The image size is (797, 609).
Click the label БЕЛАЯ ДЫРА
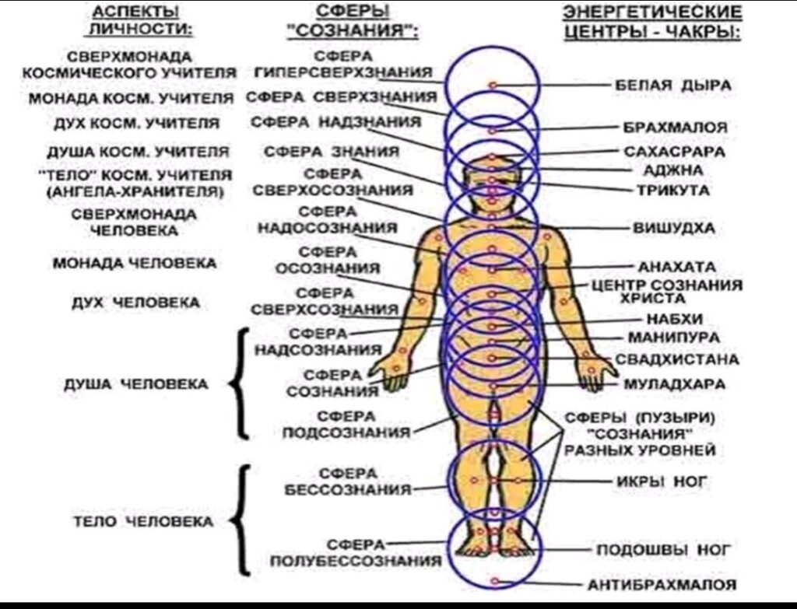point(673,85)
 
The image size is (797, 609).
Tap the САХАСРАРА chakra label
point(674,152)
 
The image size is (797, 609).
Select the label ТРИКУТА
point(673,191)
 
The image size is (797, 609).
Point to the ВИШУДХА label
point(673,228)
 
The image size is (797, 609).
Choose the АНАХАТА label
point(676,267)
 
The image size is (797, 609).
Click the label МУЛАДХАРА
point(674,384)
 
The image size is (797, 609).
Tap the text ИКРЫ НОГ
point(662,481)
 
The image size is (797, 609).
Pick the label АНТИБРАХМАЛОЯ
point(662,585)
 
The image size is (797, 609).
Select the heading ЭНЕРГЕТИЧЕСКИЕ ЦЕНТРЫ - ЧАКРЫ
point(652,23)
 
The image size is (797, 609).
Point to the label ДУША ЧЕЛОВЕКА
point(135,384)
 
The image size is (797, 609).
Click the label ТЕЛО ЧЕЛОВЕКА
point(143,522)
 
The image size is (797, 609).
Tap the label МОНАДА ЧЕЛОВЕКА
point(135,263)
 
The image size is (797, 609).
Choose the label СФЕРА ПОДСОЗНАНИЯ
point(346,425)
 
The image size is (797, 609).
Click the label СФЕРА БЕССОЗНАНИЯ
point(348,481)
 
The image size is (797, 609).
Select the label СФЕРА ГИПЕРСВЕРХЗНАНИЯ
point(343,65)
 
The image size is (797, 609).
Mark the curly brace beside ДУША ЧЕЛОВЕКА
point(240,383)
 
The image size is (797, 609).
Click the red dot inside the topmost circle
point(492,86)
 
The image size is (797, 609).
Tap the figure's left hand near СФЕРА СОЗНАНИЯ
point(391,371)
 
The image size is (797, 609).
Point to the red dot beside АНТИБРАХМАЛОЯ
point(495,581)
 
